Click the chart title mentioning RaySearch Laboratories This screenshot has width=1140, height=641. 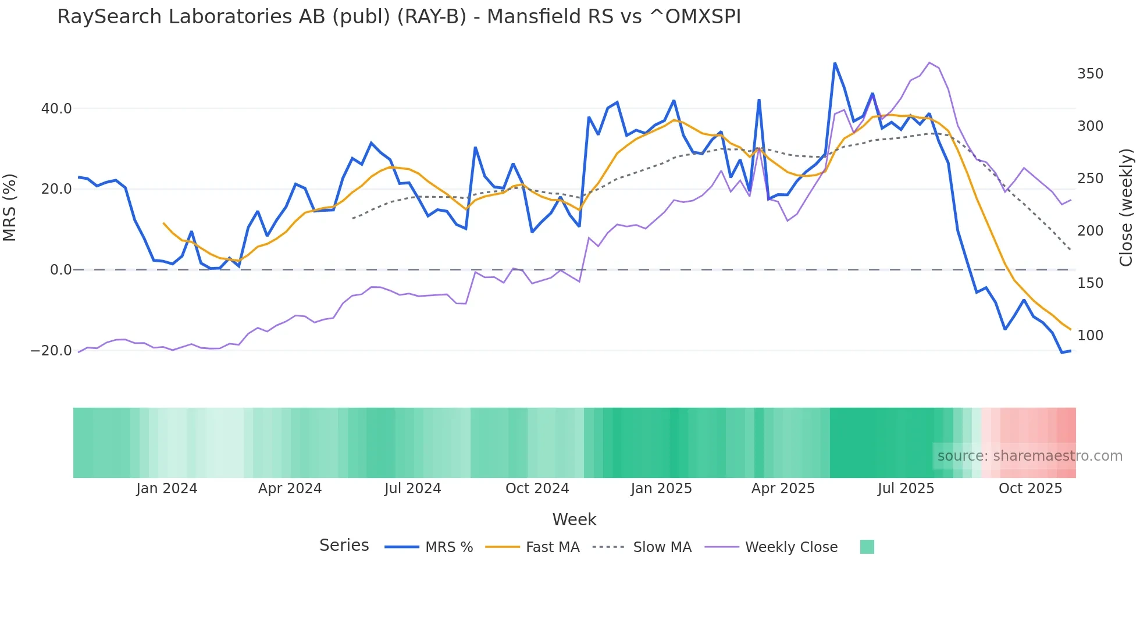pos(399,17)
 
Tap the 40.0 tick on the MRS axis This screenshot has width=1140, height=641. pos(56,109)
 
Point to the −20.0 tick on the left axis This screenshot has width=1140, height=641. pos(51,351)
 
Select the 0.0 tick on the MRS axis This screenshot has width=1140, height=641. pos(60,270)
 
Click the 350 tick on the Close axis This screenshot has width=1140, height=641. pos(1090,74)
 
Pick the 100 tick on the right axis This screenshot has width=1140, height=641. pos(1090,336)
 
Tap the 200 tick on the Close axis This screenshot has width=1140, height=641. pos(1090,231)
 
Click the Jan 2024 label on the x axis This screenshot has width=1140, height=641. pos(167,489)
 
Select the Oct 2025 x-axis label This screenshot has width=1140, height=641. pos(1030,489)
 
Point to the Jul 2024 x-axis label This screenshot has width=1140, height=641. pos(413,489)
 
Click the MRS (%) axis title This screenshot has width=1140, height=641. pos(10,207)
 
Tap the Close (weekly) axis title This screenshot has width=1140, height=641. pos(1127,207)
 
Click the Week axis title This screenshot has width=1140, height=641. pos(574,519)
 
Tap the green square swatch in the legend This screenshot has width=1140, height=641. pos(867,547)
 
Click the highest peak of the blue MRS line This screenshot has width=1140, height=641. pos(835,63)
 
